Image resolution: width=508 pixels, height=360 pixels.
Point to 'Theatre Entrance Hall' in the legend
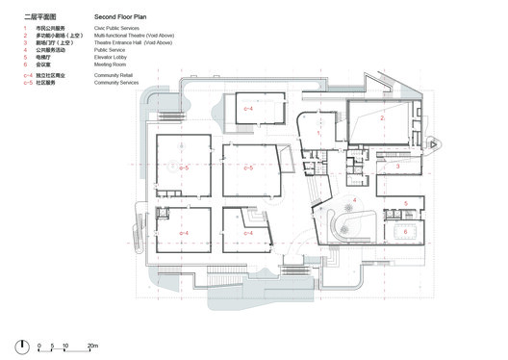pyautogui.click(x=134, y=44)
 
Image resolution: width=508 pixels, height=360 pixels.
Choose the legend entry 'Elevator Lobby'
pyautogui.click(x=112, y=59)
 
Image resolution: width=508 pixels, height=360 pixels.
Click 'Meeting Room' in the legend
pyautogui.click(x=111, y=66)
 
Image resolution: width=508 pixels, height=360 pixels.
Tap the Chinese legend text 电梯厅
pyautogui.click(x=44, y=59)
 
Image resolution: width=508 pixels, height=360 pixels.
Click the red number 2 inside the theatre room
pyautogui.click(x=382, y=117)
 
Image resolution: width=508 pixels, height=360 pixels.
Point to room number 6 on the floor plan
pyautogui.click(x=405, y=231)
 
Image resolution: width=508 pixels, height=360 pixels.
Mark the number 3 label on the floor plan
pyautogui.click(x=397, y=166)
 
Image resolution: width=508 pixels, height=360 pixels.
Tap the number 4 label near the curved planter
pyautogui.click(x=355, y=200)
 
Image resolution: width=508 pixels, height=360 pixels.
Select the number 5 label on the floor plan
pyautogui.click(x=405, y=203)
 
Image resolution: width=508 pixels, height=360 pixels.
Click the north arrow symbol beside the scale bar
pyautogui.click(x=22, y=347)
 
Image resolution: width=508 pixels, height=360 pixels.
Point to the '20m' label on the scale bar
pyautogui.click(x=93, y=345)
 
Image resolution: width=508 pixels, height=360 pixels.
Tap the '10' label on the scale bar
pyautogui.click(x=65, y=345)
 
